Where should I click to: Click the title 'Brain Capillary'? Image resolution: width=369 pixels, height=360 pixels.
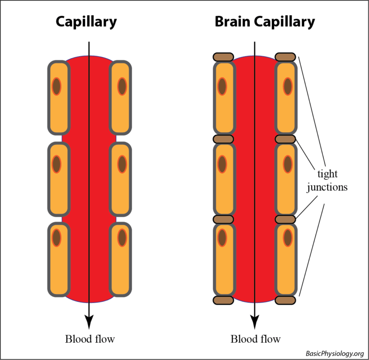(x=265, y=22)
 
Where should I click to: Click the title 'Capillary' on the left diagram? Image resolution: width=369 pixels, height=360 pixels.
(x=86, y=22)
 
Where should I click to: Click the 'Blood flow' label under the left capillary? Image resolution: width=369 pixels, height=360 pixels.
(x=90, y=339)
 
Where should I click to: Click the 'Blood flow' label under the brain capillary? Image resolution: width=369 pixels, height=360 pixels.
(x=256, y=339)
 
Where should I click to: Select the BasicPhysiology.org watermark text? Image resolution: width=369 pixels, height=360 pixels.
(x=334, y=354)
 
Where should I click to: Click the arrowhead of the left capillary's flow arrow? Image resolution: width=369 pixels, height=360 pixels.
(x=89, y=321)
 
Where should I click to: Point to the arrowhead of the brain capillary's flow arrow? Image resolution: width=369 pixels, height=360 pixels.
(x=255, y=321)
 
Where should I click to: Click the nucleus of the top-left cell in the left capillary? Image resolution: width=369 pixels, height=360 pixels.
(x=57, y=86)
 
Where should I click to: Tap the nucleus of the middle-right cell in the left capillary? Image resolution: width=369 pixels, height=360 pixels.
(x=122, y=164)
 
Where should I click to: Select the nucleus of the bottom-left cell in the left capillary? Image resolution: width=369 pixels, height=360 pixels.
(x=57, y=238)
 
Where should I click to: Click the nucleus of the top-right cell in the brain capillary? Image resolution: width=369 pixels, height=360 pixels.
(x=287, y=86)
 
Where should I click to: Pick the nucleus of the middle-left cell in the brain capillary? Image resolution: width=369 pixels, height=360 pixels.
(x=222, y=164)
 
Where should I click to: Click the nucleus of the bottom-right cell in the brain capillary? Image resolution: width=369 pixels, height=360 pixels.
(x=287, y=238)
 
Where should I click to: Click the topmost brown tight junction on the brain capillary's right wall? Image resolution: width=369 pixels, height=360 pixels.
(x=285, y=57)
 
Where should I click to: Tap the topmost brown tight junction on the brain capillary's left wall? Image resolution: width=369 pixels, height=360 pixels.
(x=223, y=57)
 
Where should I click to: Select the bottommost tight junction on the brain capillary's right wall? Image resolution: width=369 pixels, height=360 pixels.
(x=285, y=300)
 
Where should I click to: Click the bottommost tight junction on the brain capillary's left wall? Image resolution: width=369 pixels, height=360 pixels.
(x=223, y=300)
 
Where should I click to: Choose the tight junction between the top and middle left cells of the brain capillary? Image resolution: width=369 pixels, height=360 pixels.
(x=223, y=139)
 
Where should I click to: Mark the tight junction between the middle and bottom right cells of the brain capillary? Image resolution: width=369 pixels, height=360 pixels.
(x=285, y=219)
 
